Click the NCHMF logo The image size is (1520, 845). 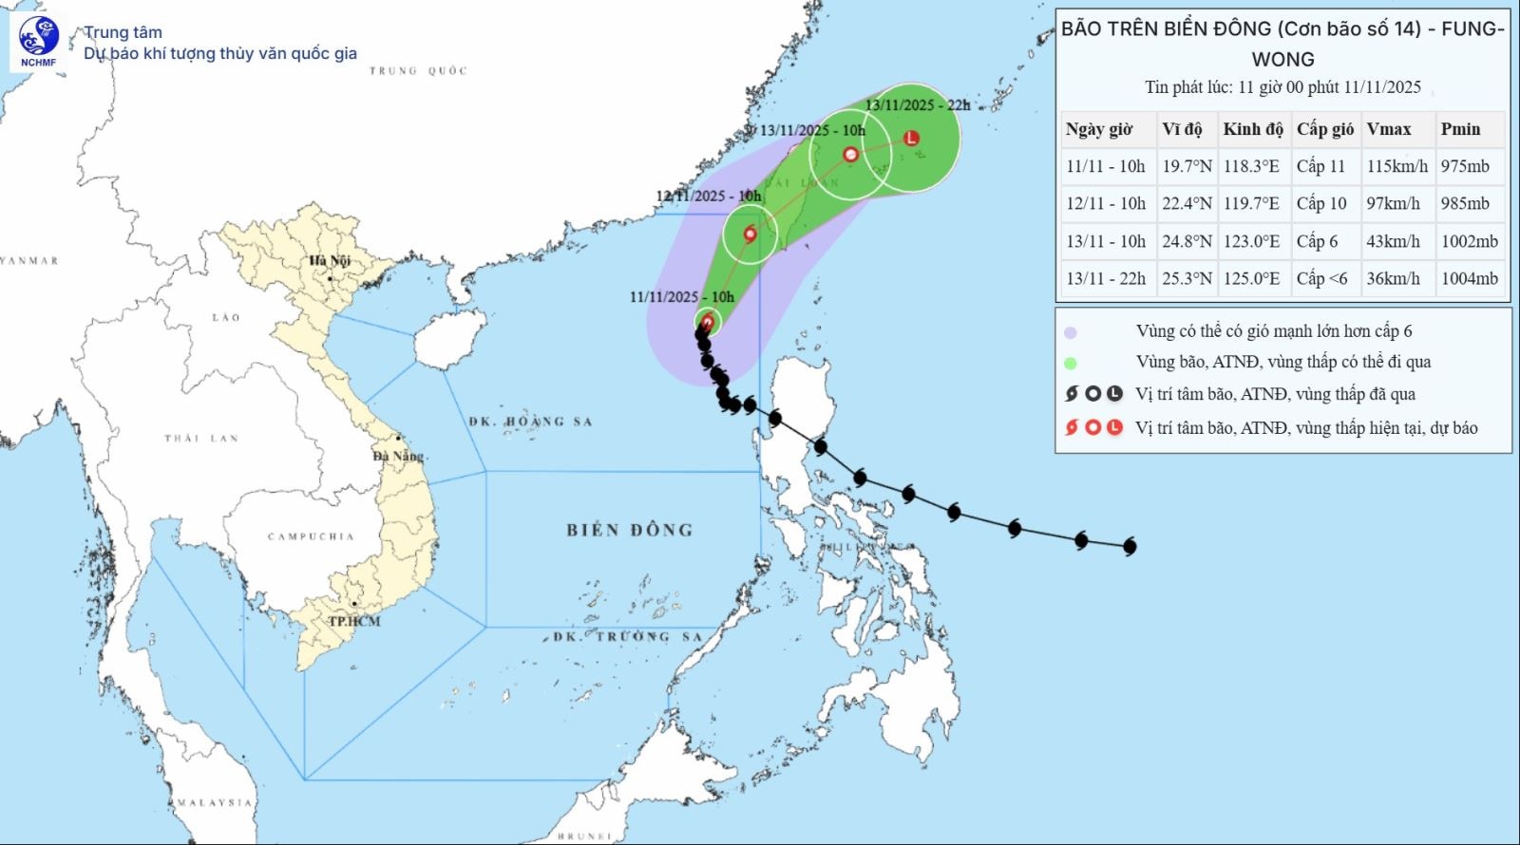(38, 41)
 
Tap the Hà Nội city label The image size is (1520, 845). (329, 260)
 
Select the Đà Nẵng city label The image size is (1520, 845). (398, 456)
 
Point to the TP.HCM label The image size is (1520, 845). (353, 621)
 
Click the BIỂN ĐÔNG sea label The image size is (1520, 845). (629, 530)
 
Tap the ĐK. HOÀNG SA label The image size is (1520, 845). (530, 422)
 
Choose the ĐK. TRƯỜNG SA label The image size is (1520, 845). (627, 636)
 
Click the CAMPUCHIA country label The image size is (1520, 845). (311, 536)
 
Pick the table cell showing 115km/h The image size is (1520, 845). (1396, 166)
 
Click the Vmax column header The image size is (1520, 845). (1389, 129)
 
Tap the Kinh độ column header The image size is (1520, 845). (1253, 129)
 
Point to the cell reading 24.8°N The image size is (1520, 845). (1187, 241)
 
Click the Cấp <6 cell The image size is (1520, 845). (1321, 278)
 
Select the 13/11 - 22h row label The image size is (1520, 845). (1106, 278)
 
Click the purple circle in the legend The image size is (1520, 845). (1071, 332)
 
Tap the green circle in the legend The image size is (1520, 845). (1071, 363)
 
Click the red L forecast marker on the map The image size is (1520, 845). (912, 138)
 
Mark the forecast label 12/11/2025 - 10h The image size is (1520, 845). (709, 196)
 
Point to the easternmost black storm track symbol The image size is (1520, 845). (1130, 546)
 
